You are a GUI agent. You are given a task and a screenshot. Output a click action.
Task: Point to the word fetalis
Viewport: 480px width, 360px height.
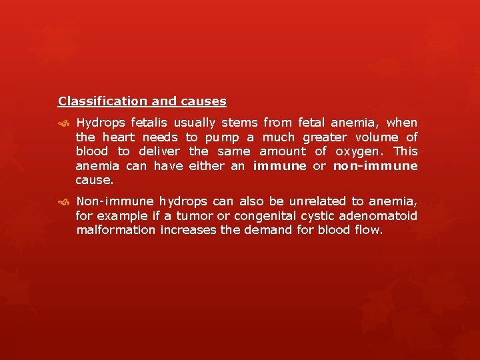click(x=149, y=123)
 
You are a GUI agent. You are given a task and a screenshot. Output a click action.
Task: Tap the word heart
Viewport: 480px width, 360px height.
click(x=119, y=137)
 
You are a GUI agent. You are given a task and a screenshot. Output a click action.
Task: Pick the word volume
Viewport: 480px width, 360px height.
click(x=376, y=137)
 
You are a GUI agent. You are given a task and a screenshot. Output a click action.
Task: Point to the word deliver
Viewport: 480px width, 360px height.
click(x=160, y=152)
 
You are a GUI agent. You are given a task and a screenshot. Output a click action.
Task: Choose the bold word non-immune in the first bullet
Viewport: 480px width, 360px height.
click(x=375, y=166)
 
